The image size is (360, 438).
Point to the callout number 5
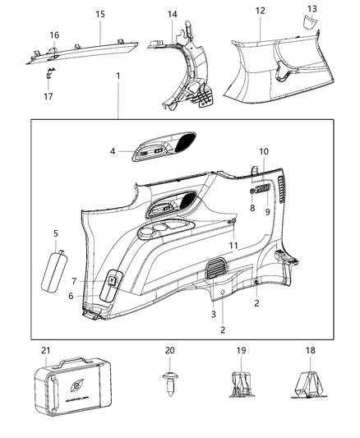[55, 233]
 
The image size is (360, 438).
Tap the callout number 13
[311, 8]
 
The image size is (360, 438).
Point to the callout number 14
[172, 15]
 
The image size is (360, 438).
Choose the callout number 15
[100, 15]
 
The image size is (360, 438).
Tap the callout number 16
[54, 35]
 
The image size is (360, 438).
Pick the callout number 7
[96, 281]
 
